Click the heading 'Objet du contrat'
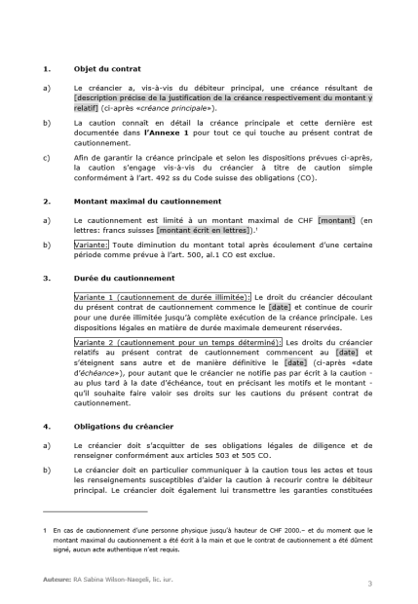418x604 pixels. pos(107,69)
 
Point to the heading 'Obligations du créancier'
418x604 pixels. pos(123,426)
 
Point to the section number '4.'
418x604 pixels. pos(47,426)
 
